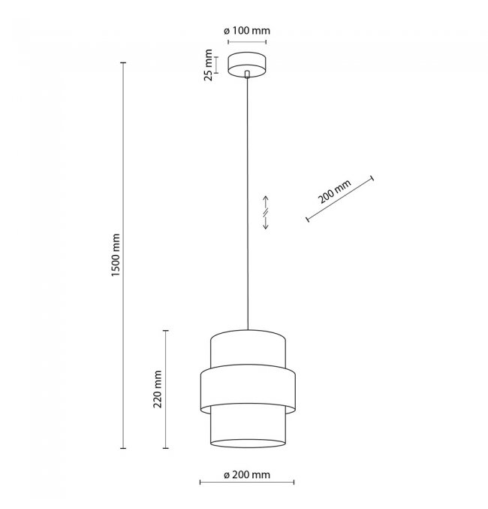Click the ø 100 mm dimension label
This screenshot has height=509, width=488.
247,31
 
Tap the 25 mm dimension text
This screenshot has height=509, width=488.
208,65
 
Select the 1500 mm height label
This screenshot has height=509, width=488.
116,255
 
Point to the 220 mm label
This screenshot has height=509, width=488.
158,389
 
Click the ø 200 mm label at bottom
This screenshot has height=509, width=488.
247,475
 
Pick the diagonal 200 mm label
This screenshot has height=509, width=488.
334,192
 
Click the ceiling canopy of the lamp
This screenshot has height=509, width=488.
247,65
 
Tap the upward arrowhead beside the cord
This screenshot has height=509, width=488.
266,198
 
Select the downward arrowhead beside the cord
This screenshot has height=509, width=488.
266,226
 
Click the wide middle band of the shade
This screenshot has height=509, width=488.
248,389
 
